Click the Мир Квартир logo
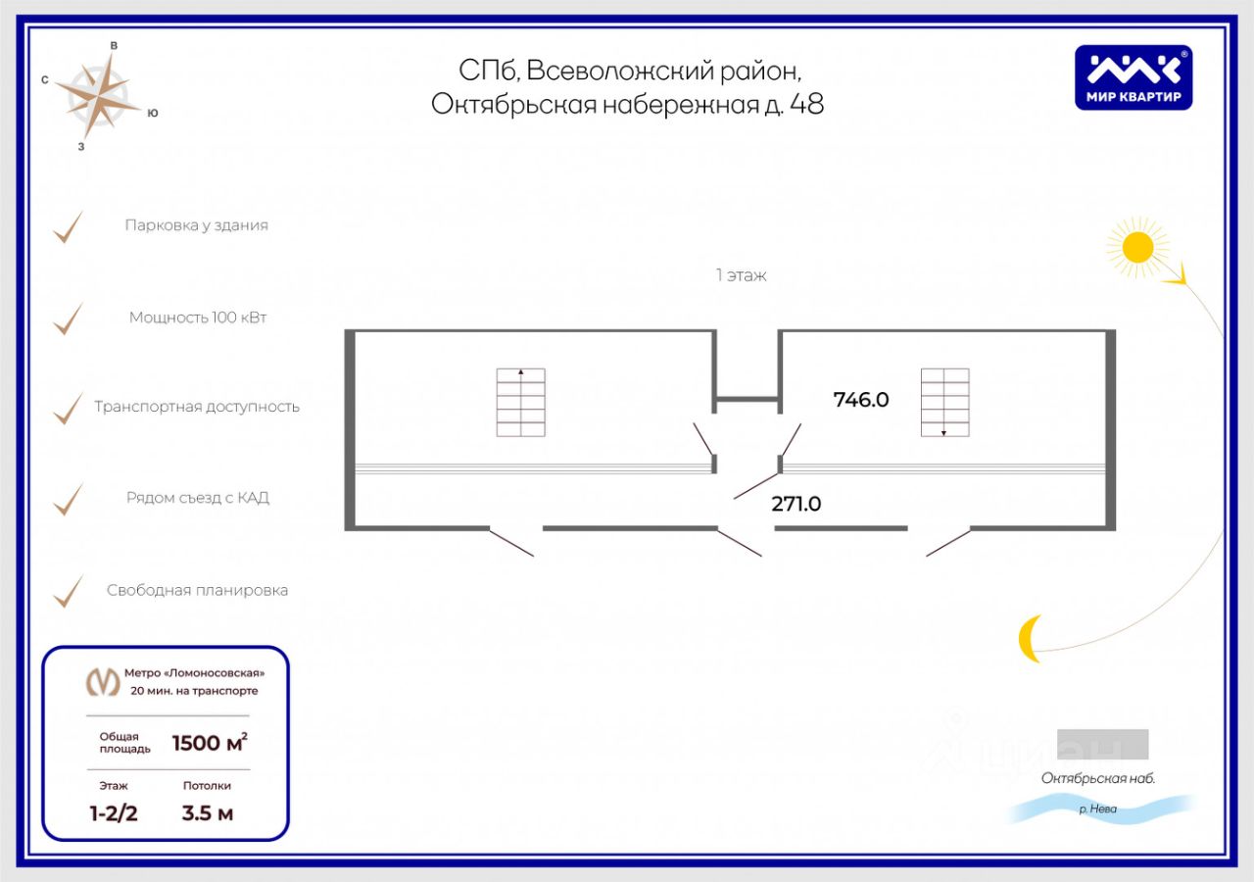(x=1133, y=77)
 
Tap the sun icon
(x=1137, y=246)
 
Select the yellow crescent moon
(x=1029, y=638)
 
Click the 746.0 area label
(x=860, y=400)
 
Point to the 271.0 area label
(x=796, y=504)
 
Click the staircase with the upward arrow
(x=520, y=402)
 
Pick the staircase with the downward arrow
(x=944, y=402)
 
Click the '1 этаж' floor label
(x=741, y=275)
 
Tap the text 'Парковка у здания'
(x=196, y=225)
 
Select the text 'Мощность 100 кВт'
(x=198, y=318)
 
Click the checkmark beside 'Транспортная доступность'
(x=68, y=409)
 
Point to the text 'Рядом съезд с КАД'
(x=198, y=498)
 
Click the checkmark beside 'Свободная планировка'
(x=68, y=591)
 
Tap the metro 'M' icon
(x=103, y=681)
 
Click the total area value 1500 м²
(x=210, y=743)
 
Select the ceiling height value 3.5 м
(x=208, y=812)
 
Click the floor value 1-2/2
(x=114, y=812)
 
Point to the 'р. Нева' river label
(x=1097, y=809)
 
